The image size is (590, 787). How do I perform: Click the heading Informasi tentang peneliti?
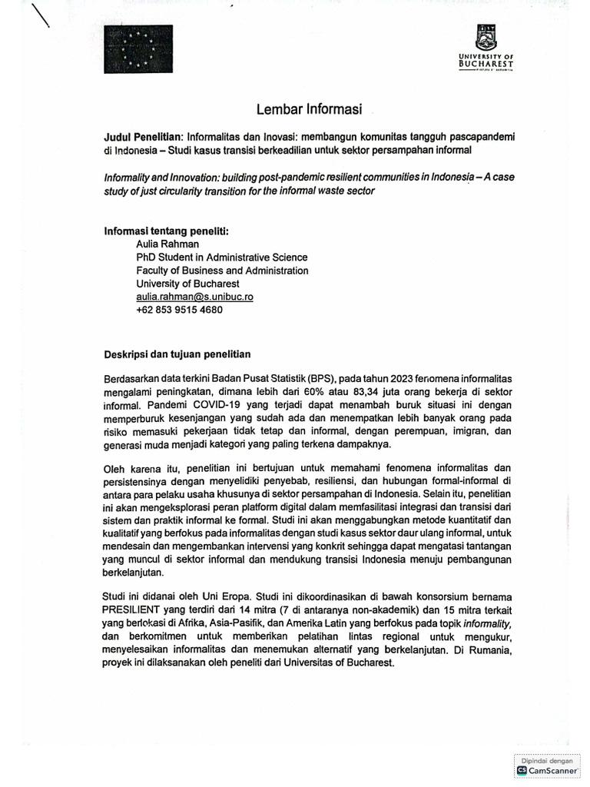[x=166, y=231]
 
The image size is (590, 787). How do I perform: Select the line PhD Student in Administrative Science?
[x=221, y=257]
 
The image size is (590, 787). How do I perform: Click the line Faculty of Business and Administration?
[x=222, y=271]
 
